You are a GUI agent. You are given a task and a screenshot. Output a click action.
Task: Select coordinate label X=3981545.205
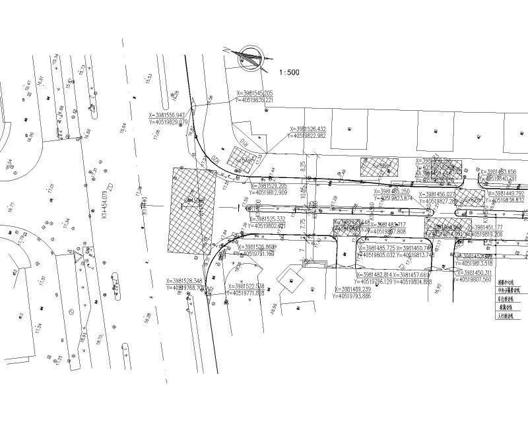[x=255, y=94]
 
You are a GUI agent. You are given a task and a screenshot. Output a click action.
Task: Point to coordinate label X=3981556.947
[x=168, y=115]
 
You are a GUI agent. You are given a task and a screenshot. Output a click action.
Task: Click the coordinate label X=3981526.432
[x=308, y=129]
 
